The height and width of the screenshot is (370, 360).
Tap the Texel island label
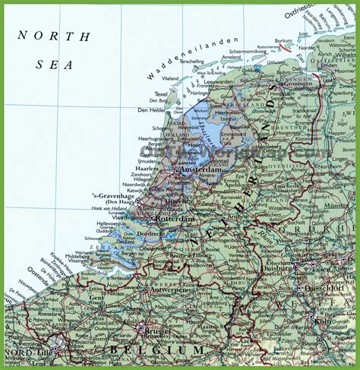[x=159, y=94]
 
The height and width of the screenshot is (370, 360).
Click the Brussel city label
[x=156, y=333]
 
